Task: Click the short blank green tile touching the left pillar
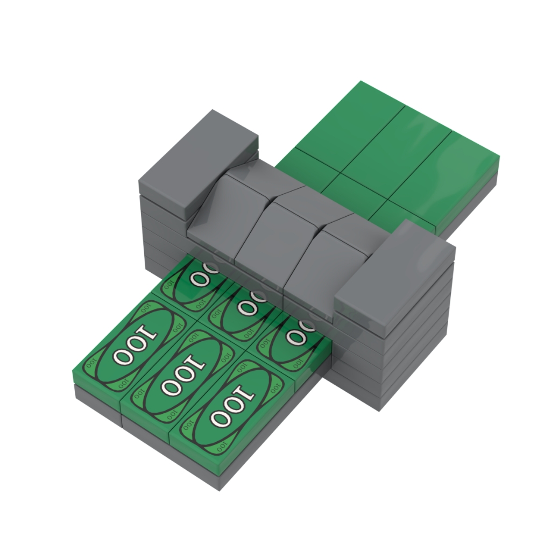pos(301,167)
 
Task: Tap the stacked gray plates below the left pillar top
pos(161,226)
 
